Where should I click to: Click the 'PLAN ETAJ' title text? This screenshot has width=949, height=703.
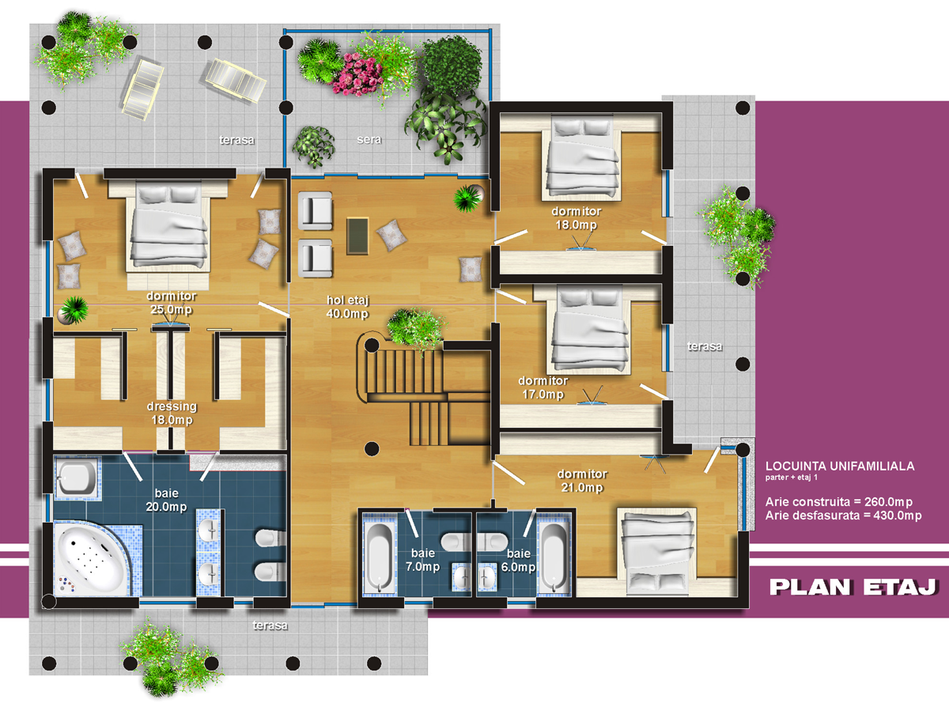(853, 587)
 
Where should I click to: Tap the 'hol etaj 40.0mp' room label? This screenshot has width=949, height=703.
(347, 307)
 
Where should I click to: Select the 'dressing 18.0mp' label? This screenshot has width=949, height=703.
(172, 413)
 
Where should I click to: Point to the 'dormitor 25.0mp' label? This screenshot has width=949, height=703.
(171, 303)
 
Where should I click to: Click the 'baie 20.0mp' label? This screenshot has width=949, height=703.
(166, 500)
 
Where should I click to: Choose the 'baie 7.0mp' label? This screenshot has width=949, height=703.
(423, 560)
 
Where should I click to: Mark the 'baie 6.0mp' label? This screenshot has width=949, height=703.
(518, 560)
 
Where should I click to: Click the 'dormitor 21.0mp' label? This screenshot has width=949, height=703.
(582, 481)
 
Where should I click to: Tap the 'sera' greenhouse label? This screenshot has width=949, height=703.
(369, 139)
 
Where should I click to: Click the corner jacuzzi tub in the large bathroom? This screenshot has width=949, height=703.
(92, 558)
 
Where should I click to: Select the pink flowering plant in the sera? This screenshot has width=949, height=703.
(357, 74)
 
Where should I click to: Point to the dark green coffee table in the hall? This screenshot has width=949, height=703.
(357, 236)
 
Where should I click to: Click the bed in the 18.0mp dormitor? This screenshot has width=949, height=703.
(582, 157)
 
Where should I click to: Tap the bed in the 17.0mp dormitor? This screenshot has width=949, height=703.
(590, 331)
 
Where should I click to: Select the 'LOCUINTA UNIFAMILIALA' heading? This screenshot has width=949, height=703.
(840, 466)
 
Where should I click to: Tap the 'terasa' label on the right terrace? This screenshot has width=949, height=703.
(705, 346)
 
